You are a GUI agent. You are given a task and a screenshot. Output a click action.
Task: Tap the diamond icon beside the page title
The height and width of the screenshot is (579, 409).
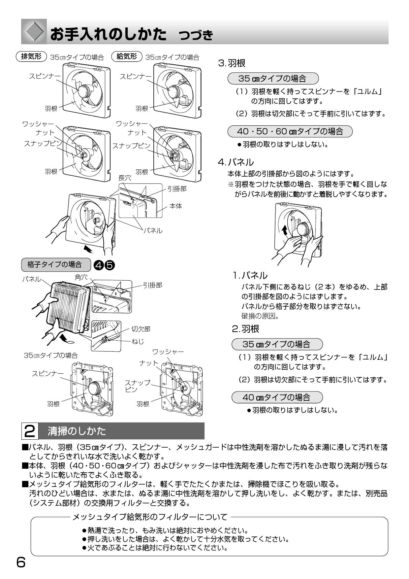[x=34, y=32]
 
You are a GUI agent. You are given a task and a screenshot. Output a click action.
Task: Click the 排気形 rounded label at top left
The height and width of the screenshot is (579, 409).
[x=31, y=56]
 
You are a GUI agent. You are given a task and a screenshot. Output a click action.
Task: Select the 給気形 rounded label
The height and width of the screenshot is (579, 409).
[x=127, y=56]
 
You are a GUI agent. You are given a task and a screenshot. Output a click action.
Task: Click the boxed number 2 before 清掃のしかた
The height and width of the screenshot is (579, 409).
[x=30, y=431]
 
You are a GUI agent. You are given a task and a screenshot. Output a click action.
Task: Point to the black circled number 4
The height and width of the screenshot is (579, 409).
[x=99, y=265]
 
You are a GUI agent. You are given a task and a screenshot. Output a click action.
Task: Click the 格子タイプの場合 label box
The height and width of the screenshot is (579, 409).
[x=55, y=264]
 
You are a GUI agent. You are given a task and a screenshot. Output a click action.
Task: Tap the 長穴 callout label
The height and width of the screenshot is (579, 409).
[x=125, y=178]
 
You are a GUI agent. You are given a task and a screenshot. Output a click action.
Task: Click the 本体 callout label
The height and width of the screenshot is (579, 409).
[x=175, y=206]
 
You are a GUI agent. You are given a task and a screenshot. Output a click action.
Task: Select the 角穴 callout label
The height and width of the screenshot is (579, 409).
[x=81, y=278]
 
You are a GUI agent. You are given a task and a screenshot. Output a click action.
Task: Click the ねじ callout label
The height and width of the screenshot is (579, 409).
[x=138, y=342]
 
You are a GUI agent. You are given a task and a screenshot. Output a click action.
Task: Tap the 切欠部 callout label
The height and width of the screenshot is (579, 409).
[x=141, y=329]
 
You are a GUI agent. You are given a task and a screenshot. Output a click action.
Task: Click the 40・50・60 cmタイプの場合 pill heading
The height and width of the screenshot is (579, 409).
[x=290, y=131]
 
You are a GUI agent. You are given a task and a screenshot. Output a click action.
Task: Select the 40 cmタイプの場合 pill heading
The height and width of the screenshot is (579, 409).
[x=277, y=397]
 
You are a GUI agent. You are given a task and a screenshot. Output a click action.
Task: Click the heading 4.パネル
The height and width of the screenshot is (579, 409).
[x=236, y=162]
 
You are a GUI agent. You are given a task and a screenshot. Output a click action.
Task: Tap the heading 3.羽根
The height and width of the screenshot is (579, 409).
[x=232, y=63]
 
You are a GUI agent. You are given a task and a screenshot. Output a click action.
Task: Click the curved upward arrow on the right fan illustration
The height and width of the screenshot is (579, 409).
[x=285, y=230]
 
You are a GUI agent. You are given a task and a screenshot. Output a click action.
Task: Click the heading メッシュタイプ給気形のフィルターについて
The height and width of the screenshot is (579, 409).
[x=150, y=517]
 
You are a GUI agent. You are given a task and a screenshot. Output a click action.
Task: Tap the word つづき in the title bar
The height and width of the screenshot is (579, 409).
[x=196, y=35]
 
